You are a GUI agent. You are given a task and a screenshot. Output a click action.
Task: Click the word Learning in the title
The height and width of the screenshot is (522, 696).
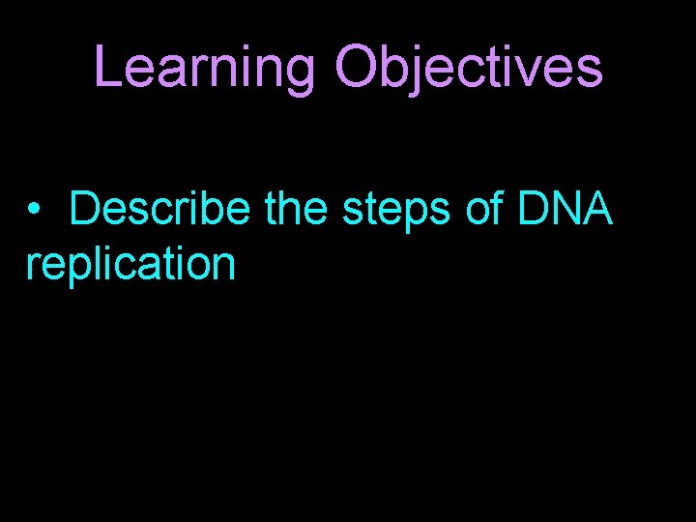[x=205, y=68]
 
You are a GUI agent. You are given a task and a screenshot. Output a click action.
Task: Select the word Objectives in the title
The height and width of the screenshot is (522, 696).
[x=469, y=68]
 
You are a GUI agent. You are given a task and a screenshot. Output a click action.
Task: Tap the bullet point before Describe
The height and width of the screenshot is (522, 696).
[x=35, y=210]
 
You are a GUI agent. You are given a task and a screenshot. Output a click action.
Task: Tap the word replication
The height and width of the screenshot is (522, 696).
[x=130, y=264]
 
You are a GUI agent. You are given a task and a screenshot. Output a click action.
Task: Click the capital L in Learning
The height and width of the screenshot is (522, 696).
[x=108, y=68]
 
